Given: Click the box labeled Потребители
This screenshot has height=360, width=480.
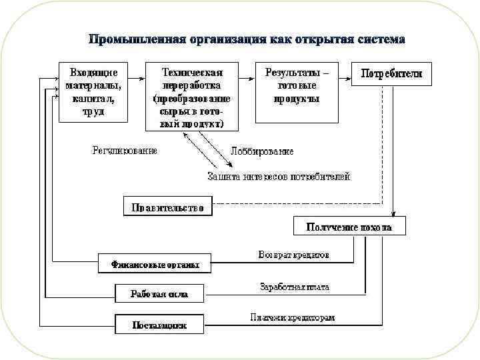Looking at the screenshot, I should [391, 74].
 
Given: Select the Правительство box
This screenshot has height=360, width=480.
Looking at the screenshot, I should [167, 207].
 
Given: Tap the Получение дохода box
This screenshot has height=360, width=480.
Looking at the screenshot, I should [349, 227].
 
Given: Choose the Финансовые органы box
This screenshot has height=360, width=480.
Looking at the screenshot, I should [154, 264].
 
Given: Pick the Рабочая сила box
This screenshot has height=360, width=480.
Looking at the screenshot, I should [159, 293].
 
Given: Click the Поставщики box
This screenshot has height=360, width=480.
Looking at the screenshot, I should [159, 325].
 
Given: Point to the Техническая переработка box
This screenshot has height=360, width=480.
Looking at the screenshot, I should [193, 97].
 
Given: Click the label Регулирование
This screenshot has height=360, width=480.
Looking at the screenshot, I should [125, 150].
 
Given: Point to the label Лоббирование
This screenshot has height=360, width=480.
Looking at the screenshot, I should [262, 151].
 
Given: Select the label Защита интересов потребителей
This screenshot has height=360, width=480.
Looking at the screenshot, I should [279, 177].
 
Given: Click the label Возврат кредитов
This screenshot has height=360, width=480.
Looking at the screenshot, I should [293, 255].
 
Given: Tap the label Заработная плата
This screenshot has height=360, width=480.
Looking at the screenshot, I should [294, 287].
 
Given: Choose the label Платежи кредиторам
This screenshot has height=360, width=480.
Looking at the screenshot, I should [293, 317].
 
